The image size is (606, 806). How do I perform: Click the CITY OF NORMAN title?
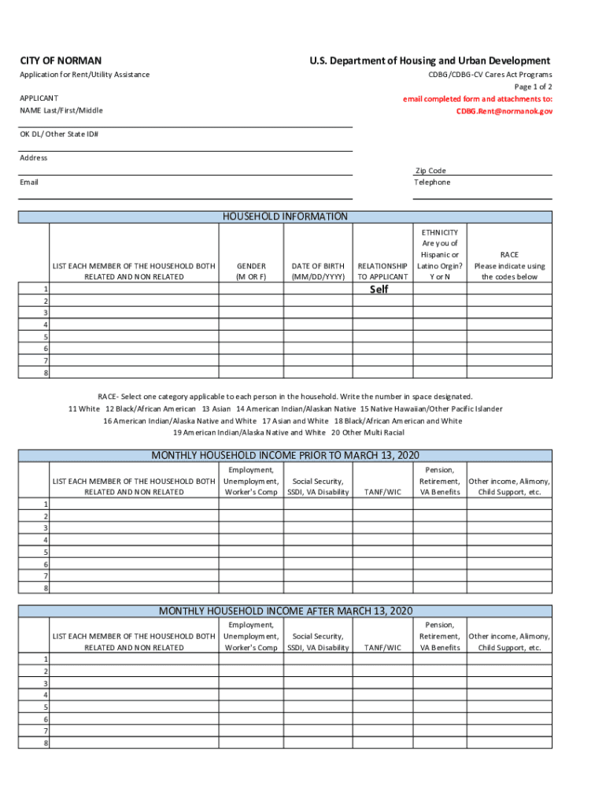point(61,61)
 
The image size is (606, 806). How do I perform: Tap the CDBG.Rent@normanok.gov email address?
point(504,112)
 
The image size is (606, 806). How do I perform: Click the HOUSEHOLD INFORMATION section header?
point(286,216)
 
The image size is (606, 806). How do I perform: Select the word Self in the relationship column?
point(379,290)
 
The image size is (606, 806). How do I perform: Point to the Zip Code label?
point(430,171)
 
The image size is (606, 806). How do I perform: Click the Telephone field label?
point(432,183)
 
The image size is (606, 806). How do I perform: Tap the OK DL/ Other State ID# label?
point(59,134)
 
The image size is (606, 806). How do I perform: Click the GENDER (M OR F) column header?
point(251,272)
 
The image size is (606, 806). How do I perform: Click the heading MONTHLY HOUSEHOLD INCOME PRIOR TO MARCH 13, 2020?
point(286,455)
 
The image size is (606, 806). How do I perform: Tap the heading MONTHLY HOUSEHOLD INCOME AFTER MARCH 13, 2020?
point(286,611)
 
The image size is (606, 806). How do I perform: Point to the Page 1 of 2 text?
point(533,87)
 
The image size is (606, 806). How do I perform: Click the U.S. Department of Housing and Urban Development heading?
point(430,61)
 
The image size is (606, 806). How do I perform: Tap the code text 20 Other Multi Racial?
point(368,433)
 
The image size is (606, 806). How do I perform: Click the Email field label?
point(29,183)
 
